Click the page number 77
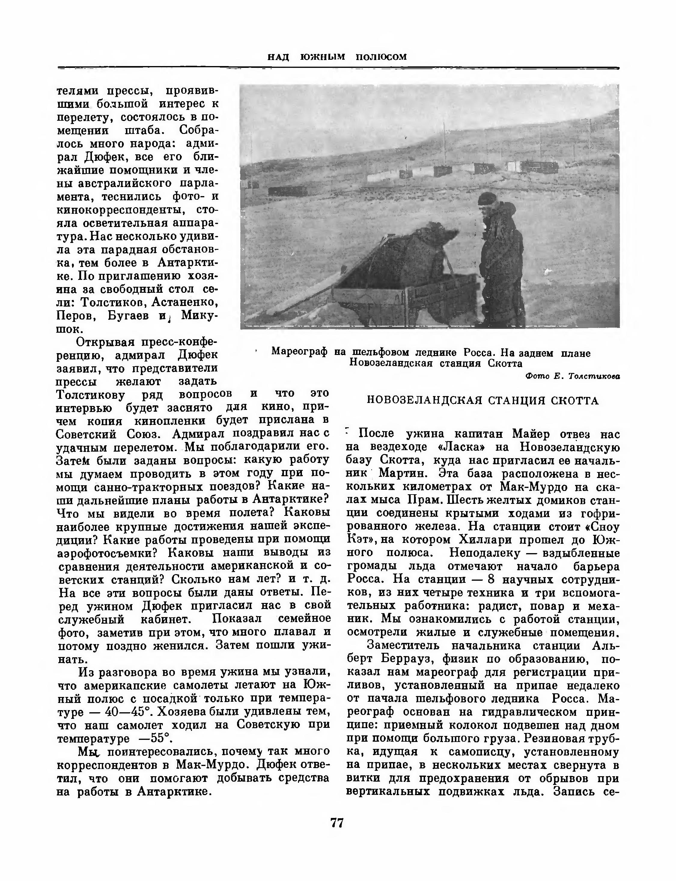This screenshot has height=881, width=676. pos(337,823)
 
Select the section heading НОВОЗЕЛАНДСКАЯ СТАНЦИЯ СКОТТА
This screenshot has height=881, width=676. pos(483,401)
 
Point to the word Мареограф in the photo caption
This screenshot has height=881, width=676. pos(299,352)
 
